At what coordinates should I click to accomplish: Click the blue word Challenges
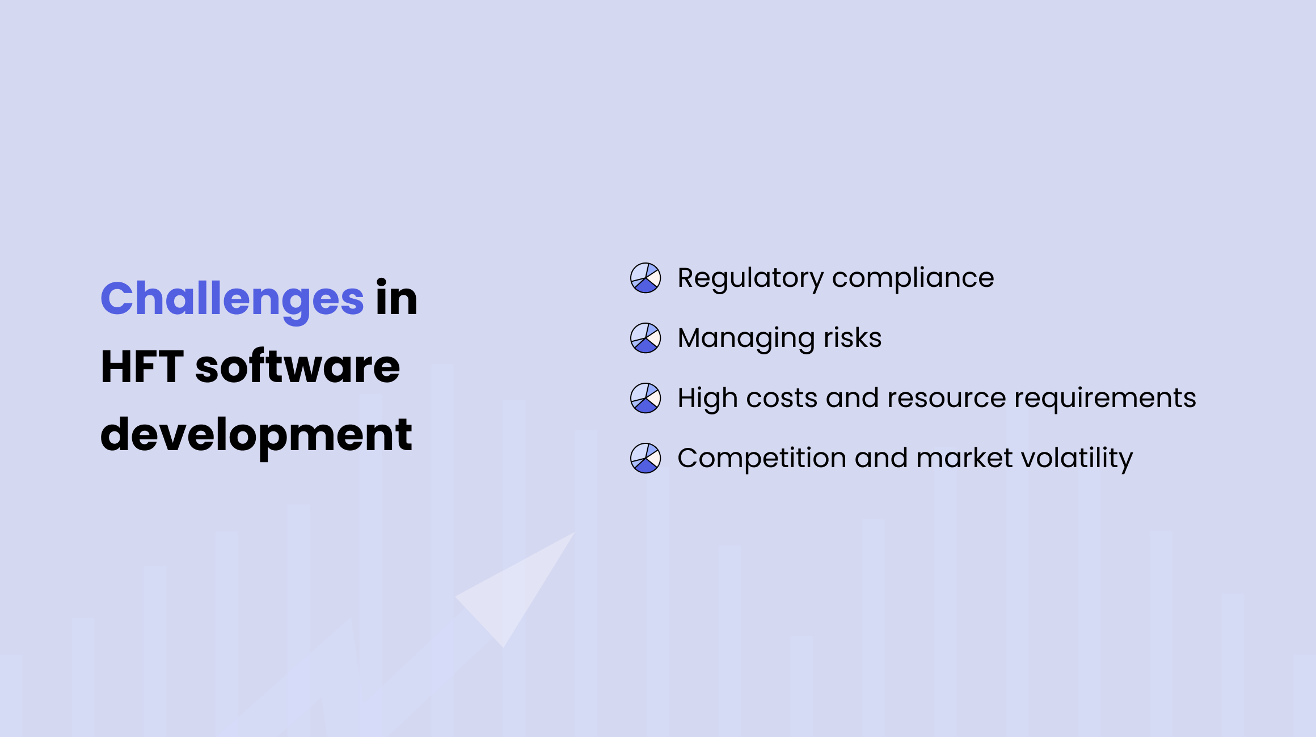(232, 299)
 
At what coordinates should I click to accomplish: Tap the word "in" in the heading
(396, 299)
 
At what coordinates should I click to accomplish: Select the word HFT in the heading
(142, 367)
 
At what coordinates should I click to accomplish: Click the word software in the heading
(297, 367)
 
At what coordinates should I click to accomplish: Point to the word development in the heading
(256, 435)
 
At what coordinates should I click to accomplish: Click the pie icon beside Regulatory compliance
(646, 278)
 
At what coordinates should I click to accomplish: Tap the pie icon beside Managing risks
(646, 338)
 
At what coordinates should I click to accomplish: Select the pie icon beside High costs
(646, 398)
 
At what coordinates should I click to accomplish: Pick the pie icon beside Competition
(646, 458)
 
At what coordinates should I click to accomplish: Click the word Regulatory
(750, 279)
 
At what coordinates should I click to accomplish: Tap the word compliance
(913, 279)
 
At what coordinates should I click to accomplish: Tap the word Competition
(762, 458)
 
